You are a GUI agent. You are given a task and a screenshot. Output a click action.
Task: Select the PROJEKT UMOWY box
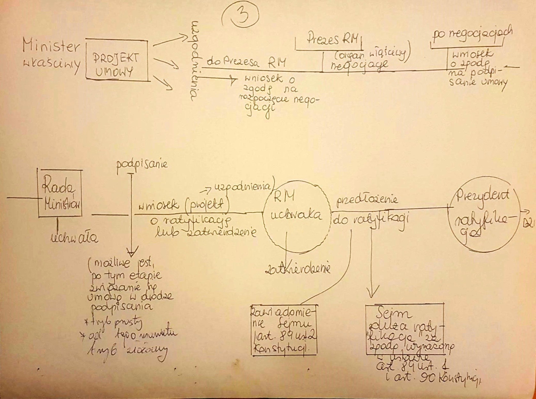(117, 60)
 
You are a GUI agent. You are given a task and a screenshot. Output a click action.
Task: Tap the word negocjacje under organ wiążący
(359, 65)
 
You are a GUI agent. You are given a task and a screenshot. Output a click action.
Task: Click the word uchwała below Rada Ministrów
(74, 237)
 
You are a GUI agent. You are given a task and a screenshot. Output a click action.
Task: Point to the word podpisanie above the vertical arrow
(141, 165)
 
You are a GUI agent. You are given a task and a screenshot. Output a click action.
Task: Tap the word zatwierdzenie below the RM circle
(297, 269)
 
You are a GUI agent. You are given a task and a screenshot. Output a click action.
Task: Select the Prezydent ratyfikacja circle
(483, 214)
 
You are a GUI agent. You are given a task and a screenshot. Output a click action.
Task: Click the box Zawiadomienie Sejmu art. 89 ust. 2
(284, 330)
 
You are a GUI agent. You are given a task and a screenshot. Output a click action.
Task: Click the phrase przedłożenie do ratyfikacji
(368, 210)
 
